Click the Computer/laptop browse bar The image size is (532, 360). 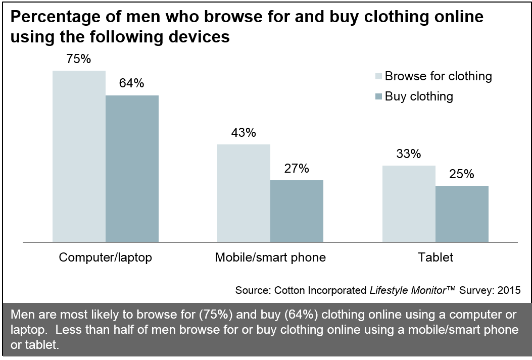(x=79, y=157)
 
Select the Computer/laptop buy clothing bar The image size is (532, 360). (x=132, y=169)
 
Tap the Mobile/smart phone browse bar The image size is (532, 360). (x=244, y=193)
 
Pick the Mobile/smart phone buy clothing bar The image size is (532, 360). (x=297, y=211)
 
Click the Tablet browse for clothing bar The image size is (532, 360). (x=409, y=204)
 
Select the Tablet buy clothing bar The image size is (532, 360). (x=462, y=214)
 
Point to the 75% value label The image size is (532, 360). (x=79, y=59)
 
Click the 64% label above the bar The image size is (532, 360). (x=131, y=83)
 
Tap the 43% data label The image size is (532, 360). (x=244, y=133)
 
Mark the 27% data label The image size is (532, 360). (x=296, y=169)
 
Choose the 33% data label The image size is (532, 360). (x=408, y=154)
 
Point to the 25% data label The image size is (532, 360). (x=461, y=174)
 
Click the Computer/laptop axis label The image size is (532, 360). (x=106, y=258)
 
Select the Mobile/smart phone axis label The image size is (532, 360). (x=270, y=258)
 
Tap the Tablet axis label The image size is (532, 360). (x=436, y=258)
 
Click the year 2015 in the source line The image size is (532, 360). (x=508, y=291)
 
